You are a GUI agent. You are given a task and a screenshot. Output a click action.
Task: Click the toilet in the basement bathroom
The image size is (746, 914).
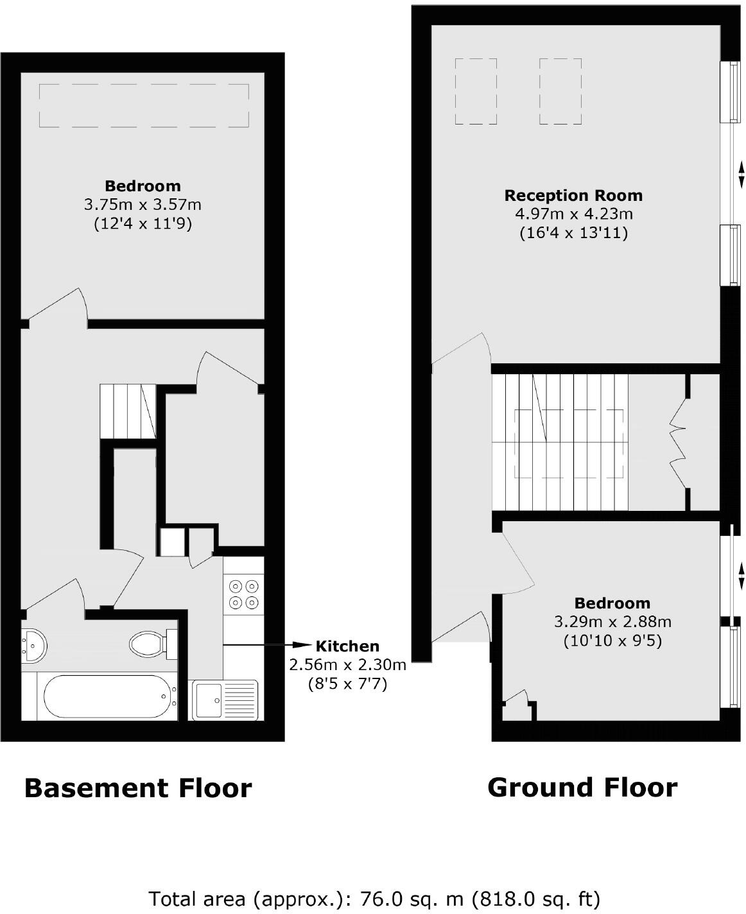pos(152,644)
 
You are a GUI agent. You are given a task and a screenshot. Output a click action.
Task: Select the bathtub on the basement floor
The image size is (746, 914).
pos(108,696)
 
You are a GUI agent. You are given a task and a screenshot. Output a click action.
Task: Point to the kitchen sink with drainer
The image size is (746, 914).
pos(225,700)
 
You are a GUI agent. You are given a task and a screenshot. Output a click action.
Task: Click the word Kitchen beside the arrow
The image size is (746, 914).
pos(347,646)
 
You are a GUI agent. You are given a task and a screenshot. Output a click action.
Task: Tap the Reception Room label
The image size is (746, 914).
pos(573,196)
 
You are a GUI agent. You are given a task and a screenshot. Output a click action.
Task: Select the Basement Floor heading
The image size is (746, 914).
pos(138,788)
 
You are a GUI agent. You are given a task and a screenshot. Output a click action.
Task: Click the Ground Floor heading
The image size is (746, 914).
pos(582,788)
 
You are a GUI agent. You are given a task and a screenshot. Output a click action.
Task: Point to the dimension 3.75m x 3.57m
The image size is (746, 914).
pos(143,205)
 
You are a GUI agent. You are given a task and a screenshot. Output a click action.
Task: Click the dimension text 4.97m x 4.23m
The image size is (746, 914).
pos(573,214)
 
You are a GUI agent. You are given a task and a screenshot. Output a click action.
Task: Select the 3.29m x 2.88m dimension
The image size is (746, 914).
pos(612,622)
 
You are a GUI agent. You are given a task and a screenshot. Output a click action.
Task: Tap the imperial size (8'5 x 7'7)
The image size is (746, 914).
pos(347,684)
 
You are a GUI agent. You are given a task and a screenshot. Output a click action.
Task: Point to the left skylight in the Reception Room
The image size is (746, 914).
pos(476,91)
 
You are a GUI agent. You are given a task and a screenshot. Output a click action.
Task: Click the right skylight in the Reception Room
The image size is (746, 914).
pos(560,91)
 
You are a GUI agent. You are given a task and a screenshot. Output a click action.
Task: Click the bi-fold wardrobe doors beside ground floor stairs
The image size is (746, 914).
pos(678,442)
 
